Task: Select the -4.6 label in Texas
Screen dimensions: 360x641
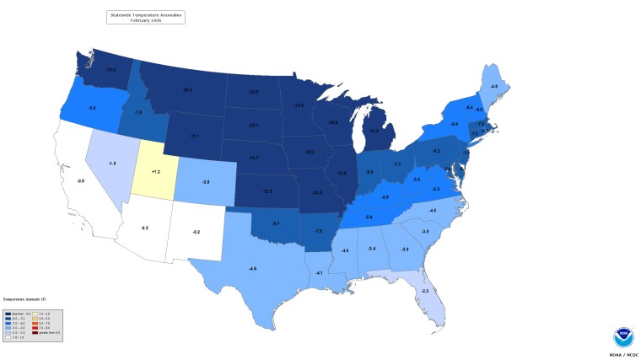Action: tap(252, 268)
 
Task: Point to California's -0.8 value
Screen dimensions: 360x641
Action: tap(80, 181)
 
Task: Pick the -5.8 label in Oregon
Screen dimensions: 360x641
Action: tap(92, 109)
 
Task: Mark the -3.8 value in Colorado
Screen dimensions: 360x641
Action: tap(205, 181)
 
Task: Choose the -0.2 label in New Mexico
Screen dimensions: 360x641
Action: tap(197, 231)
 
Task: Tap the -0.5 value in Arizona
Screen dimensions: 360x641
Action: tap(144, 228)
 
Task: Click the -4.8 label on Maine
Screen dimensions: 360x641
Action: tap(494, 87)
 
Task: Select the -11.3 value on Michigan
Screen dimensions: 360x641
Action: tap(374, 131)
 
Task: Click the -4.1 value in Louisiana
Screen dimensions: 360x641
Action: tap(319, 273)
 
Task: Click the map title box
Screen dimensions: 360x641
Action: tap(146, 16)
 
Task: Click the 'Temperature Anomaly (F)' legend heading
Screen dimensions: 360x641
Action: tap(25, 298)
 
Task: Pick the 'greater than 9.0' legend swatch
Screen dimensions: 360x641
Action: tap(35, 332)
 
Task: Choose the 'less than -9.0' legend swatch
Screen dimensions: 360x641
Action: tap(7, 313)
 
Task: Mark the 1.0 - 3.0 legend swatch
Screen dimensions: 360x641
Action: tap(35, 313)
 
